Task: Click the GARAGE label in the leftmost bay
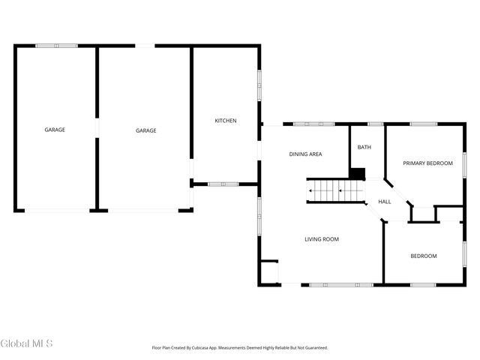(x=55, y=130)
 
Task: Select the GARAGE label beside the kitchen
(x=145, y=130)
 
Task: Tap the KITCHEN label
(x=226, y=121)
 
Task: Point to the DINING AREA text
(x=305, y=154)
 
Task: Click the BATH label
(x=364, y=147)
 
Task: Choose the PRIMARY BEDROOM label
(x=427, y=163)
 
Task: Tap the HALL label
(x=384, y=202)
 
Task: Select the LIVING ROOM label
(x=321, y=239)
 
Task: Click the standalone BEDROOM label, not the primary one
(x=423, y=256)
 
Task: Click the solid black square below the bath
(x=358, y=174)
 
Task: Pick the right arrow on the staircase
(x=342, y=191)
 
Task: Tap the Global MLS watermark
(x=27, y=343)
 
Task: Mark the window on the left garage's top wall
(x=56, y=46)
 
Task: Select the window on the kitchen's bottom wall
(x=223, y=184)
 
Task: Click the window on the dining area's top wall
(x=313, y=124)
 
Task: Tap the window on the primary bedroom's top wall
(x=423, y=124)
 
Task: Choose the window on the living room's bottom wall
(x=341, y=285)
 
